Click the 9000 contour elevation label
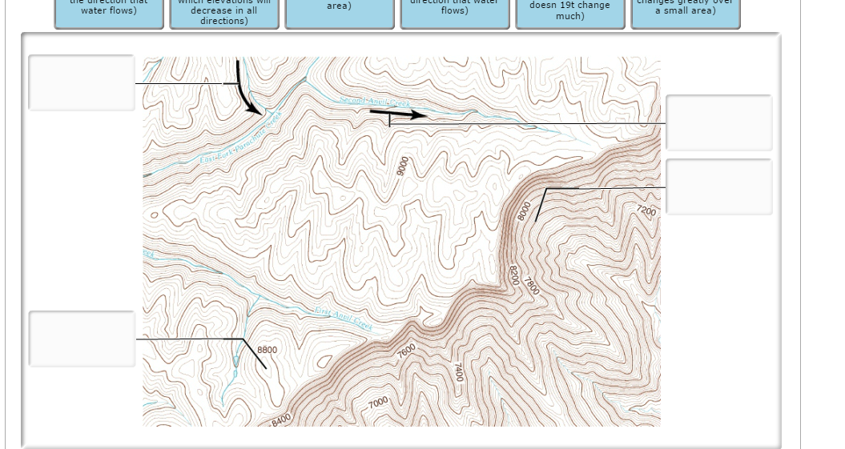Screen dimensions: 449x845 [x=402, y=166]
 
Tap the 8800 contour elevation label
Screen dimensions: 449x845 [x=268, y=350]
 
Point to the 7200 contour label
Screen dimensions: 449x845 [x=646, y=211]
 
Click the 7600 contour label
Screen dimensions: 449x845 [x=407, y=350]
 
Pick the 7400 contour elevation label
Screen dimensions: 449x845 [x=458, y=371]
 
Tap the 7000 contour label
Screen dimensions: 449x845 [x=378, y=401]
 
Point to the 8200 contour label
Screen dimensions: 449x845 [x=514, y=274]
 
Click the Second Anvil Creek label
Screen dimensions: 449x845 [x=375, y=102]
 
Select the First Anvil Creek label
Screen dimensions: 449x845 [x=343, y=318]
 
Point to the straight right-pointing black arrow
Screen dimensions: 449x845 [x=397, y=114]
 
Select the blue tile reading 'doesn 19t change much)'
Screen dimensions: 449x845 [x=570, y=13]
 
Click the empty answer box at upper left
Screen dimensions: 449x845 [x=82, y=82]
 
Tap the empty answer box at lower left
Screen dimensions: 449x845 [x=82, y=339]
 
